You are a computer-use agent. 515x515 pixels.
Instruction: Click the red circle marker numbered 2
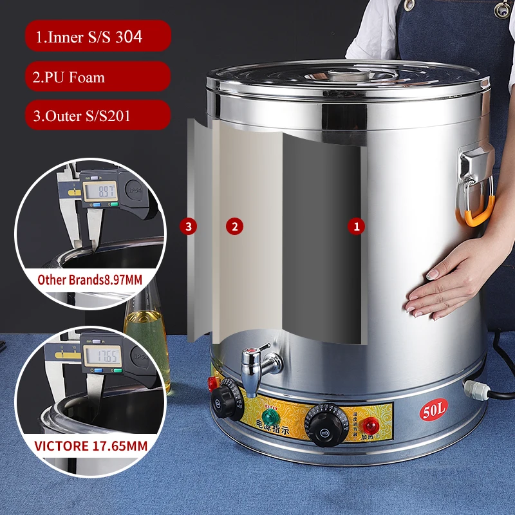point(234,226)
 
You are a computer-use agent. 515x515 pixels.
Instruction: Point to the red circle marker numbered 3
point(187,226)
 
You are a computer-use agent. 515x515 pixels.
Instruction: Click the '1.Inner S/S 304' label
point(98,37)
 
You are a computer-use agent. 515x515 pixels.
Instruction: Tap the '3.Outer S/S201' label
point(98,117)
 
